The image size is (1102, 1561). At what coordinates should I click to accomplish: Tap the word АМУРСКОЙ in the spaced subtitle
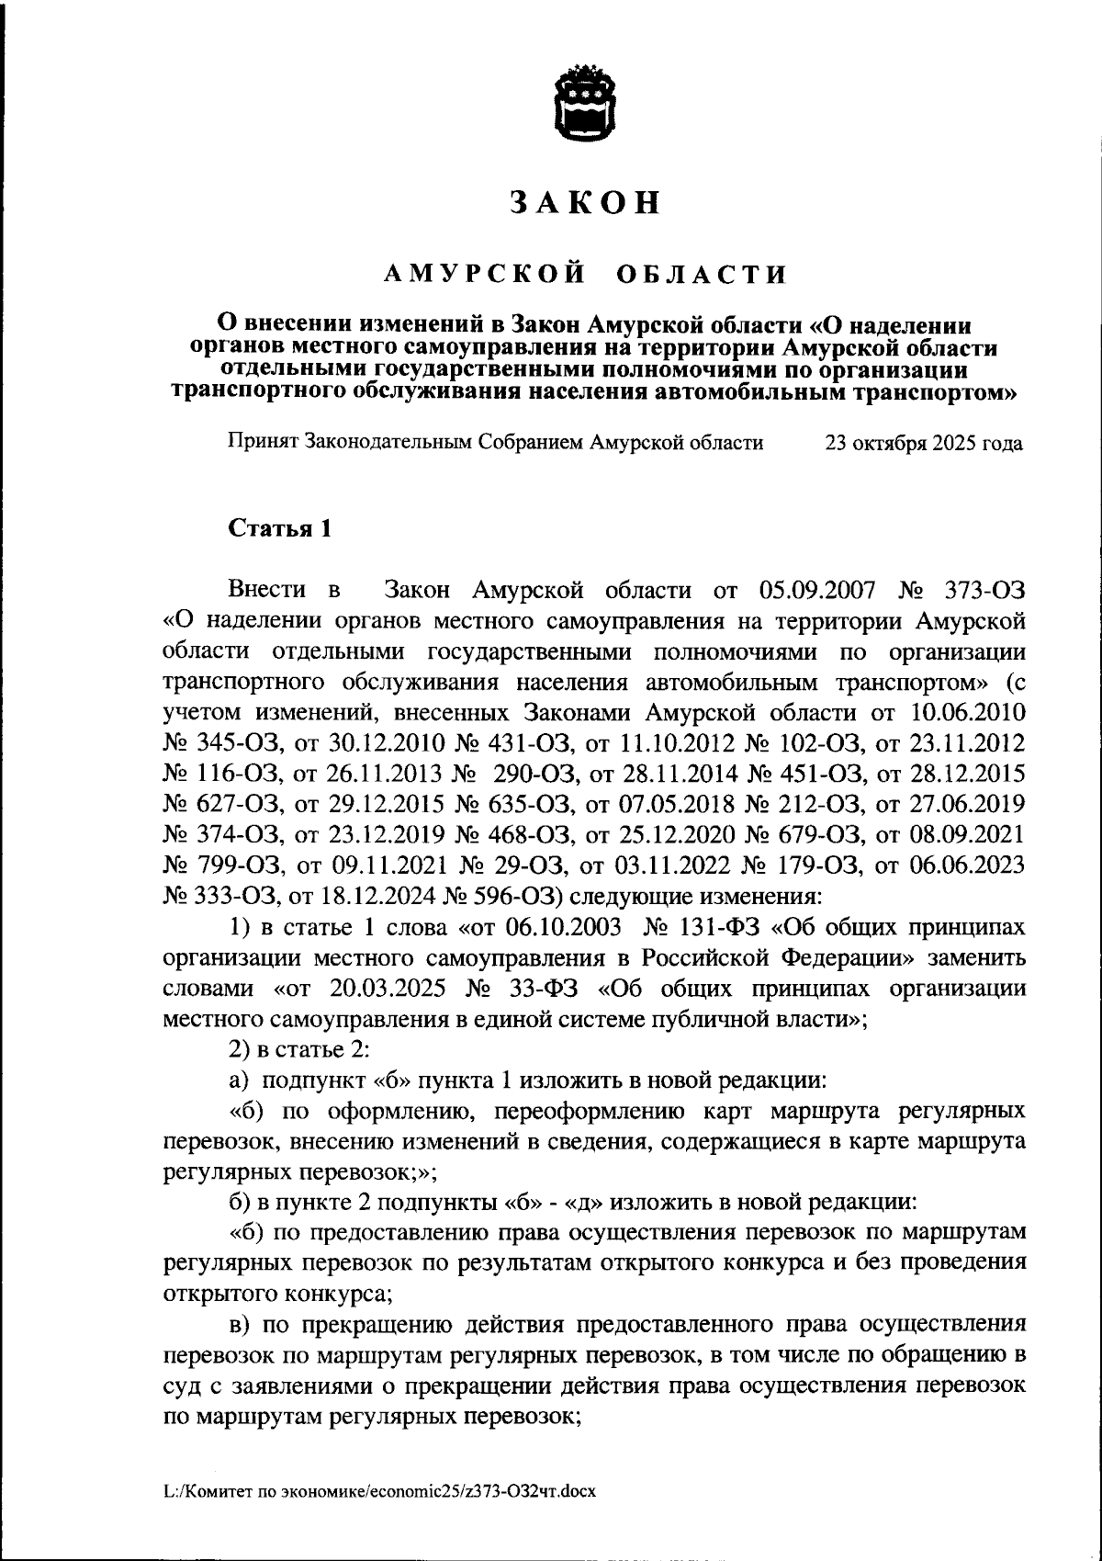coord(486,274)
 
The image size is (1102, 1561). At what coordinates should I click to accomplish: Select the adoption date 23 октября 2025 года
coord(924,444)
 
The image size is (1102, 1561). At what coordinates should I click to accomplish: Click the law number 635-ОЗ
coord(521,805)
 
